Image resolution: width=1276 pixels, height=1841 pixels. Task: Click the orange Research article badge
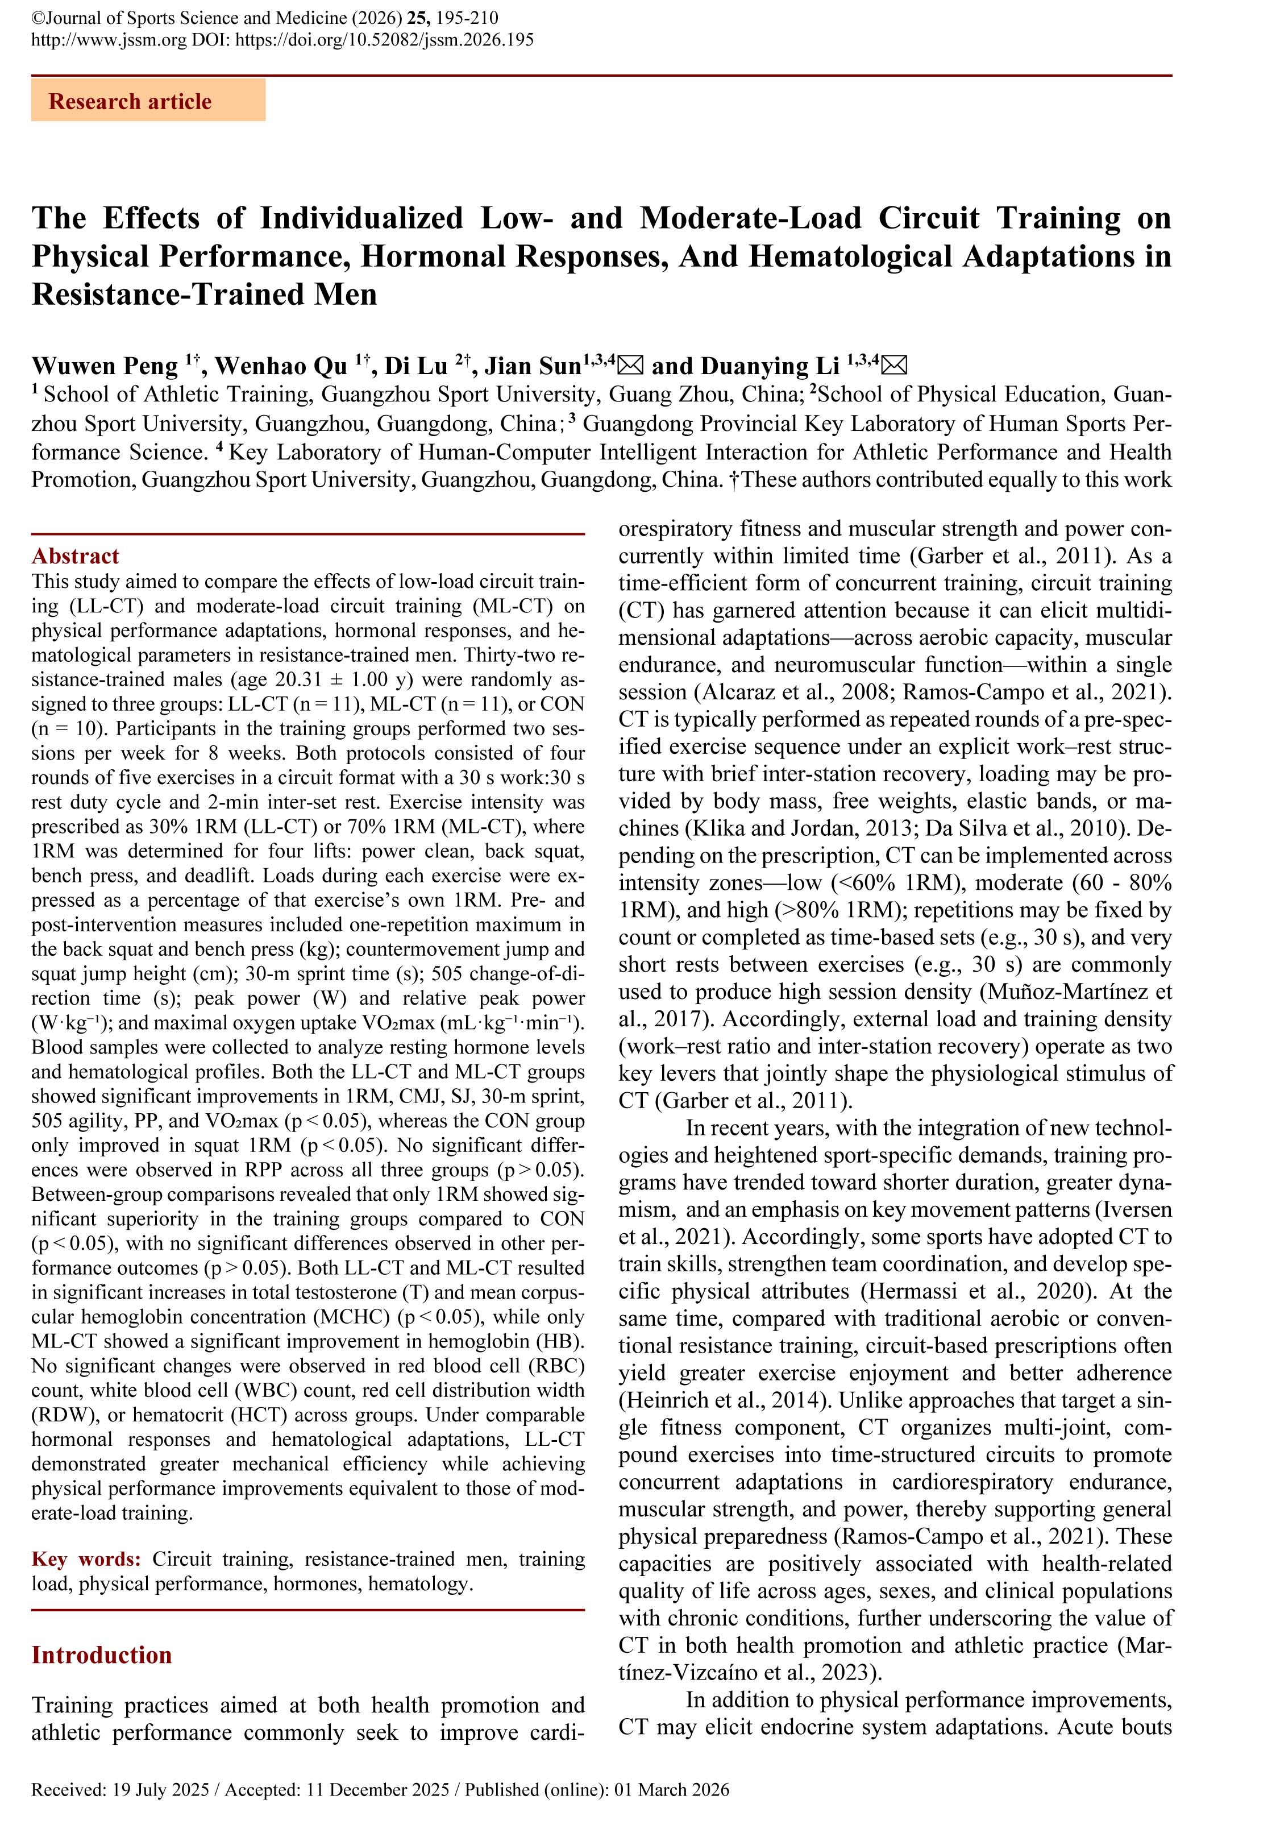148,102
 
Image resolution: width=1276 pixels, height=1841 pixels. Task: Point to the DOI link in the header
384,40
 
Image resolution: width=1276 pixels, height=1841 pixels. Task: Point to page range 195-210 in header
476,18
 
